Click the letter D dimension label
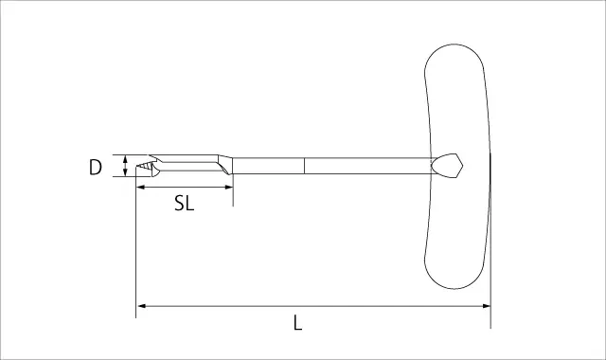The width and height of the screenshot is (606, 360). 96,167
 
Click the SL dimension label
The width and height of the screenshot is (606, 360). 184,203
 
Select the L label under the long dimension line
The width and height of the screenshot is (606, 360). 297,323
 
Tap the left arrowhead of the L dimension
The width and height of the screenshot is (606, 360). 141,306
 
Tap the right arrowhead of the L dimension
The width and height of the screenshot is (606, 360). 486,306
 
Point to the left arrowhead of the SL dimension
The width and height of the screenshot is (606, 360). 141,188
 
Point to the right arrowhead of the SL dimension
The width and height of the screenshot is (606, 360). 228,188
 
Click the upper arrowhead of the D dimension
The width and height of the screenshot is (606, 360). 125,158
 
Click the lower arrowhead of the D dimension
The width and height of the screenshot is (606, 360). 125,172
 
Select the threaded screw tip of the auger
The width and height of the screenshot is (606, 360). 144,167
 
